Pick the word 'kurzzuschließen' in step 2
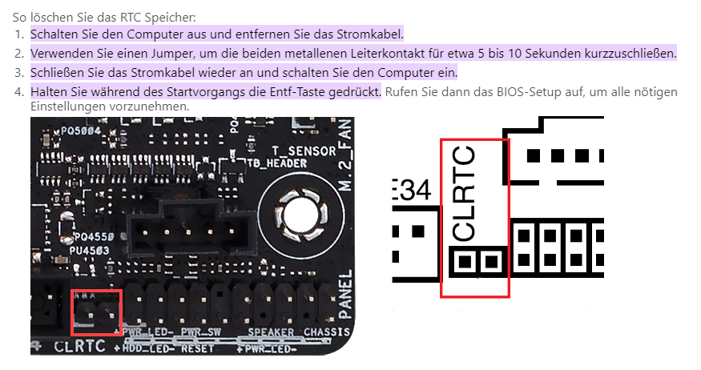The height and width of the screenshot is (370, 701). (x=632, y=54)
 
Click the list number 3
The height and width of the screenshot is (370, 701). (x=20, y=73)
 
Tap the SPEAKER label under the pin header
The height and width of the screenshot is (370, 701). (x=265, y=332)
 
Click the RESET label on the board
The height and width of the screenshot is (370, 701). (x=196, y=349)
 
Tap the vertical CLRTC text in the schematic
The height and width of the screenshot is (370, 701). (x=465, y=193)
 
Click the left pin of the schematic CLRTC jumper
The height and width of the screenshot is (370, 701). (x=463, y=260)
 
